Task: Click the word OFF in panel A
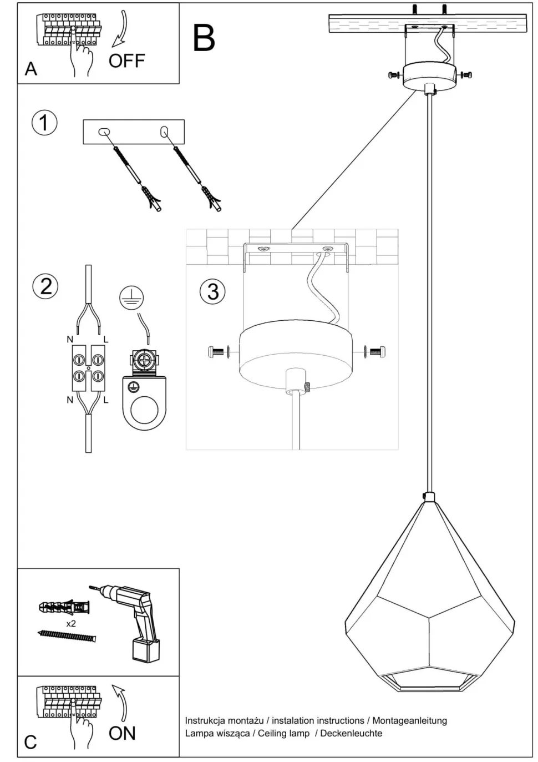point(126,60)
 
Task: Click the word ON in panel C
point(122,733)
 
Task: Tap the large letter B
point(204,38)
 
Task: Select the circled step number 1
point(44,122)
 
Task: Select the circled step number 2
point(45,286)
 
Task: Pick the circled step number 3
point(212,291)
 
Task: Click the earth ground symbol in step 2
point(131,299)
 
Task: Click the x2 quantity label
point(71,623)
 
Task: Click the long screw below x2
point(67,635)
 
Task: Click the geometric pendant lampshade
point(430,599)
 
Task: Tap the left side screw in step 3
point(217,351)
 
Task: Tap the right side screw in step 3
point(375,351)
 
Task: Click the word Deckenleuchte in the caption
point(351,733)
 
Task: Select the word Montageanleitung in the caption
point(409,720)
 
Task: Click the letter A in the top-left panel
point(31,69)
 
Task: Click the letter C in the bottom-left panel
point(31,742)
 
